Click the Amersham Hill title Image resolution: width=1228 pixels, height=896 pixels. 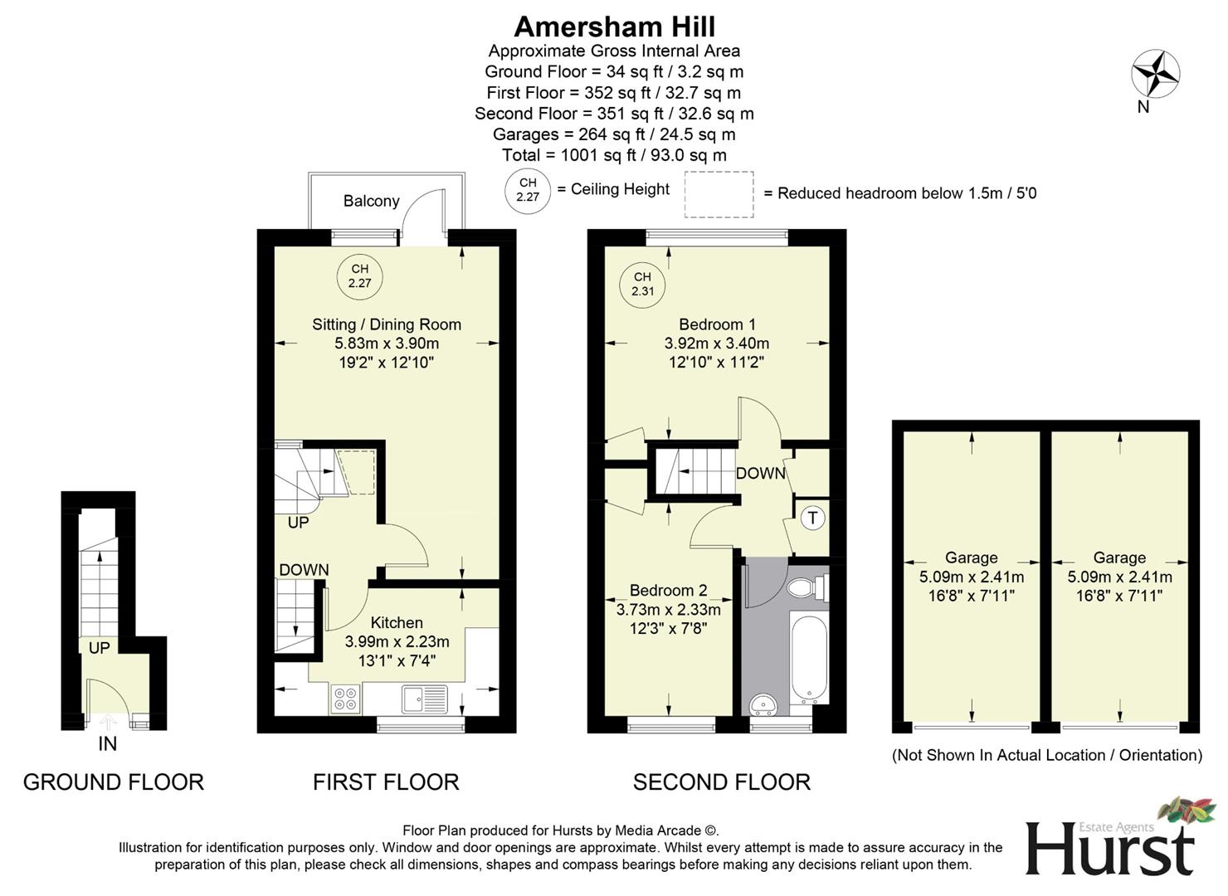(614, 27)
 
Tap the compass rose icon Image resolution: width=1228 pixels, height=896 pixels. (1155, 74)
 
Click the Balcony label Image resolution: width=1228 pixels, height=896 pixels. (371, 201)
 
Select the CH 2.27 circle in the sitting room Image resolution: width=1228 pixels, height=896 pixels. (359, 276)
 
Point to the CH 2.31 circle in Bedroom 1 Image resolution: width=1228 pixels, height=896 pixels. (642, 285)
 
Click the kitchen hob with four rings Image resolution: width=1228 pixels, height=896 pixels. (345, 699)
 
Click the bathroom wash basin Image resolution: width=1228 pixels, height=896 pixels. (763, 706)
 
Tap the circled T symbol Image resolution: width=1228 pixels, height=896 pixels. (812, 519)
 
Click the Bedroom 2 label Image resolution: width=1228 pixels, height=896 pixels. (668, 590)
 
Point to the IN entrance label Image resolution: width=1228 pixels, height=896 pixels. (108, 744)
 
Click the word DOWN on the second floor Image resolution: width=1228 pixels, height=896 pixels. (760, 473)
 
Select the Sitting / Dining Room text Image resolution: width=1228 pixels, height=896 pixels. (387, 324)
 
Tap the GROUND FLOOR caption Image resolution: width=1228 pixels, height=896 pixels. (113, 782)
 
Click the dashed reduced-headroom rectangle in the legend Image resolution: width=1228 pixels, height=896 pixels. (719, 194)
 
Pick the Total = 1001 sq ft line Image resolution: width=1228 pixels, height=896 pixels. (614, 155)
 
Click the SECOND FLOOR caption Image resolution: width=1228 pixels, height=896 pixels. (721, 782)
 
